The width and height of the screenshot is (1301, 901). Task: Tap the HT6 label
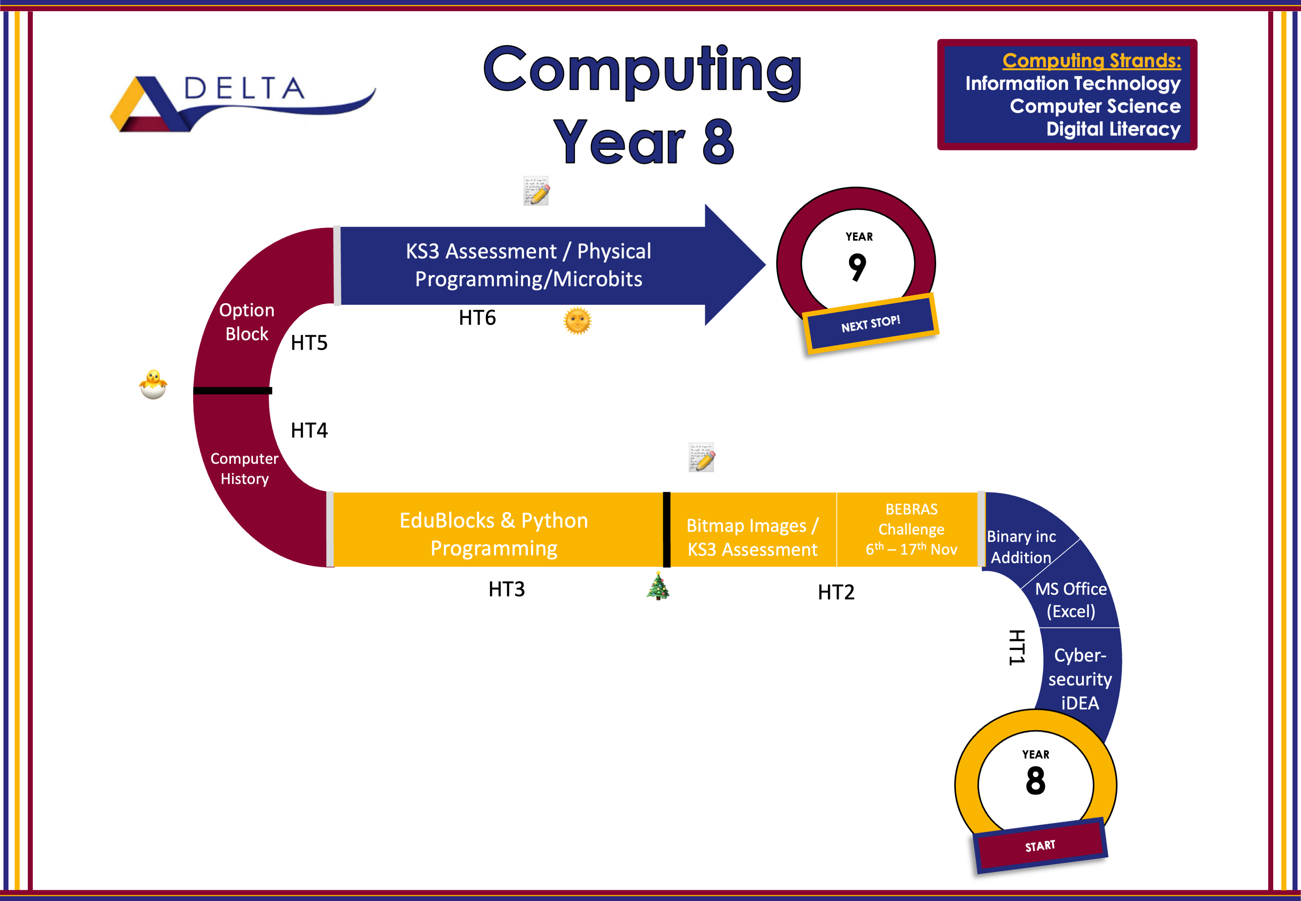point(477,318)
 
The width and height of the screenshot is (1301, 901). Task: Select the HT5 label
point(309,343)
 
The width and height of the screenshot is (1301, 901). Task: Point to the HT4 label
point(309,430)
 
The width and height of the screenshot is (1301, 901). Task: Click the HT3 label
point(506,589)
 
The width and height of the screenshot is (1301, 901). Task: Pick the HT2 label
point(836,592)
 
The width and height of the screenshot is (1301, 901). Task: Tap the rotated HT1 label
point(1016,648)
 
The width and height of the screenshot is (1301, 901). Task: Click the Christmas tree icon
point(658,585)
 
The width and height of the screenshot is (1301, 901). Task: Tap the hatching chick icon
point(153,385)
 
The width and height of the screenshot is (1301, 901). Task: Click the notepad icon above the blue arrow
point(536,191)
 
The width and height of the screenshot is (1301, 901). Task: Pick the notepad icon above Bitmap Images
point(701,457)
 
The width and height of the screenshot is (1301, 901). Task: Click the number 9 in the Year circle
point(857,267)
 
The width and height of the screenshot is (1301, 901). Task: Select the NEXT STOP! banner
point(870,324)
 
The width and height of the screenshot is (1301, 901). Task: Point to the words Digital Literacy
point(1113,129)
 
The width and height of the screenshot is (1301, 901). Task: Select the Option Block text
point(247,322)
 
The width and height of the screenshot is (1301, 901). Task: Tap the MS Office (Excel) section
point(1071,599)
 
